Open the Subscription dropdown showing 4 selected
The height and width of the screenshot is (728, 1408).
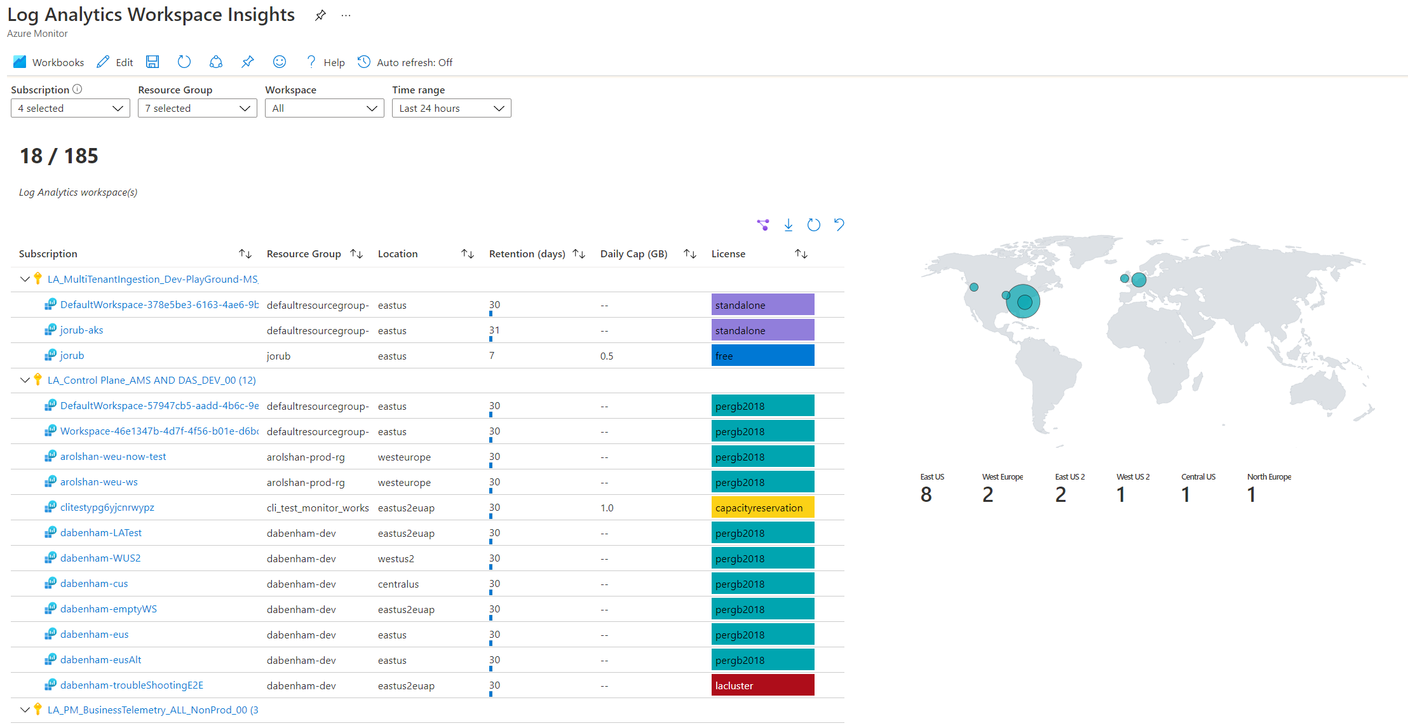70,108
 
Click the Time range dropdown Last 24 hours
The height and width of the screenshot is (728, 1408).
451,108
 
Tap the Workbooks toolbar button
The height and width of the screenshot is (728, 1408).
48,62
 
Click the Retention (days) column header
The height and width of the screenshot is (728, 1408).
527,253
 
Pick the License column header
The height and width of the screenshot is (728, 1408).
728,253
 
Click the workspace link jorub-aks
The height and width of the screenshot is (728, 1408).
81,330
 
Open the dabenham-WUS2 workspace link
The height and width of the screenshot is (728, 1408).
100,558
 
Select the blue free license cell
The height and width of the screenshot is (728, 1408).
762,356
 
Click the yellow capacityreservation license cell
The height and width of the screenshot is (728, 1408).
762,508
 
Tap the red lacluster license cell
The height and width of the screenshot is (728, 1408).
762,685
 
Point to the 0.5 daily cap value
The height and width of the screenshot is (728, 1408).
607,356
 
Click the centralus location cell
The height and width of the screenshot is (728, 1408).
398,584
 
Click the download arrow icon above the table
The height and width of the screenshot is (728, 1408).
789,225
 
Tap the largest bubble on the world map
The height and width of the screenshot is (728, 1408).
1023,301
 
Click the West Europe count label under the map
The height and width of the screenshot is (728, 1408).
1002,477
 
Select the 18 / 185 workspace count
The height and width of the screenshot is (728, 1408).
59,156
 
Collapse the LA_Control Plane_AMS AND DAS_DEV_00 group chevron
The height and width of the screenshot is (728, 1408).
25,380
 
